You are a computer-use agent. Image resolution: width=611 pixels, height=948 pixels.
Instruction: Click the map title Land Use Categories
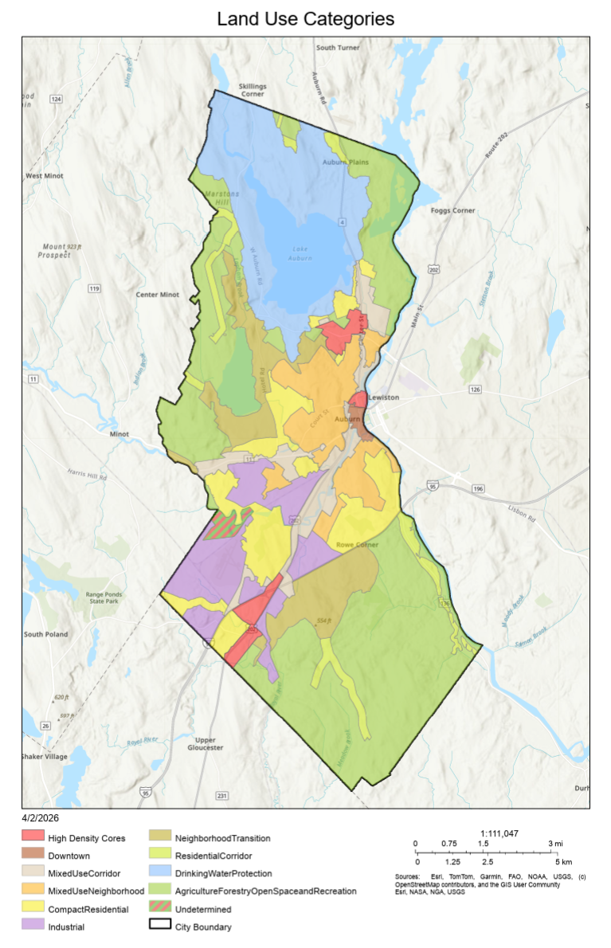coord(305,18)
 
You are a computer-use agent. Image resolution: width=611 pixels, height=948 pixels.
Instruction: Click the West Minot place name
coord(45,175)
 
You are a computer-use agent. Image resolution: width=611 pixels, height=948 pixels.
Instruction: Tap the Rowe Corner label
coord(357,545)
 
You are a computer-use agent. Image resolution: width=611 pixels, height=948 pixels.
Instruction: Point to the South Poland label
coord(45,634)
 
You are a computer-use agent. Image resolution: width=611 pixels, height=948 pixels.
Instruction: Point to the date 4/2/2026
coord(40,817)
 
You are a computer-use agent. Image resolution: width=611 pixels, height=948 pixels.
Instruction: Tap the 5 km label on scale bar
coord(562,862)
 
